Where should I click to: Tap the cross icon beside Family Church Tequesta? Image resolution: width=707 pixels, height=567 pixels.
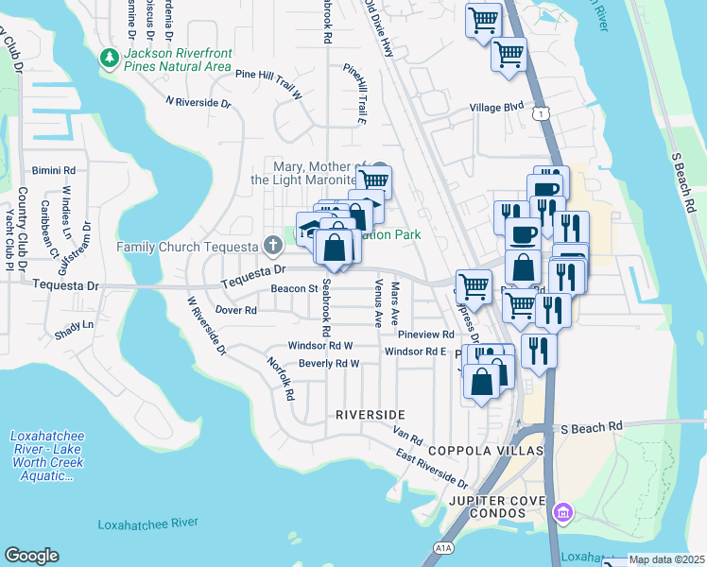point(273,248)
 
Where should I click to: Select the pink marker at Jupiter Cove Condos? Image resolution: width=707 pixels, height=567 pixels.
point(563,513)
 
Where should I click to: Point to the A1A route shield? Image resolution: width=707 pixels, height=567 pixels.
point(443,547)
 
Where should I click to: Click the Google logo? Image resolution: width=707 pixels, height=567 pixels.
point(31,556)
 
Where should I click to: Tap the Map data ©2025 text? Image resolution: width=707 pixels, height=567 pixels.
point(666,559)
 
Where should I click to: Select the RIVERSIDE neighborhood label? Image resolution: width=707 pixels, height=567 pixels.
point(370,415)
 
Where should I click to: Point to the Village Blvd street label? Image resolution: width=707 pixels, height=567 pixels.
point(497,108)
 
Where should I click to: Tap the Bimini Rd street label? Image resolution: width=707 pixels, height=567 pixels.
point(46,171)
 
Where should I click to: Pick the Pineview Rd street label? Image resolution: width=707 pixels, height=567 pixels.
point(426,335)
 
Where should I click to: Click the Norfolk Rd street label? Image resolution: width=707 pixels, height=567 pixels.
point(276,379)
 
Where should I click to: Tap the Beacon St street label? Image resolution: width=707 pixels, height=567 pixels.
point(292,289)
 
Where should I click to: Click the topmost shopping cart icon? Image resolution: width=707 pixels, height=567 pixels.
point(484,19)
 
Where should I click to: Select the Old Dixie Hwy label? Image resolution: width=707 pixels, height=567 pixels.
point(379,28)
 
